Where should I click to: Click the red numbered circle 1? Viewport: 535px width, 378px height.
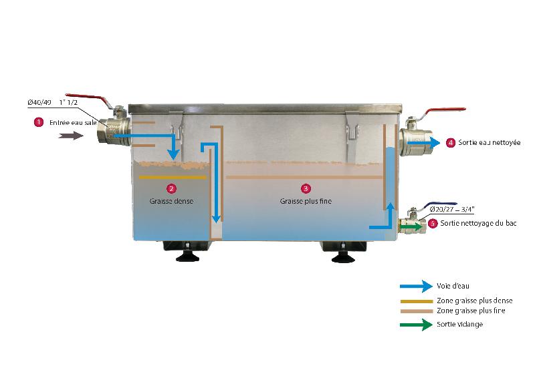pos(39,122)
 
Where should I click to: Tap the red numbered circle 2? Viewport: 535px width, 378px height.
pos(171,188)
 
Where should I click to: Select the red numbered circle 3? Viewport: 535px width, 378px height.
pos(306,188)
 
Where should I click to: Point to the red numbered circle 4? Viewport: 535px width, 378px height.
pos(451,143)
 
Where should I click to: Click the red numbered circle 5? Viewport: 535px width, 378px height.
pos(433,224)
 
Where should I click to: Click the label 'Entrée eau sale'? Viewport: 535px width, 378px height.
pos(73,123)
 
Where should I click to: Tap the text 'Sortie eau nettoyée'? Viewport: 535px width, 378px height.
pos(490,143)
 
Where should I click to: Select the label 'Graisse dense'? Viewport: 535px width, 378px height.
pos(171,201)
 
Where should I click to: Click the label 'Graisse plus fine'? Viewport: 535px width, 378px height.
pos(306,201)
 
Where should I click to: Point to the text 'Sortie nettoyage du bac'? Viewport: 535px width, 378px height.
pos(478,223)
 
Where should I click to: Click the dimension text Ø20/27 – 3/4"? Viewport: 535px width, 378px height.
pos(452,209)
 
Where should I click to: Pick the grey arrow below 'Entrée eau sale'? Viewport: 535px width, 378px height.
pos(71,136)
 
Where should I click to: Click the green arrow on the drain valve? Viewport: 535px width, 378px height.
pos(411,226)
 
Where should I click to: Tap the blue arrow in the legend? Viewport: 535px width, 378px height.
pos(416,286)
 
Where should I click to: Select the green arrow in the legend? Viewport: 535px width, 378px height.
pos(416,325)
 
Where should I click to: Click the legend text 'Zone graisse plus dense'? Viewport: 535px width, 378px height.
pos(475,301)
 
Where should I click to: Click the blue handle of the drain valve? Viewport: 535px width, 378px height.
pos(440,205)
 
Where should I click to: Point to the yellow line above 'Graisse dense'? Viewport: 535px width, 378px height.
pos(173,177)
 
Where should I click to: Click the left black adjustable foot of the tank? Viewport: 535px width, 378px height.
pos(187,256)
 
